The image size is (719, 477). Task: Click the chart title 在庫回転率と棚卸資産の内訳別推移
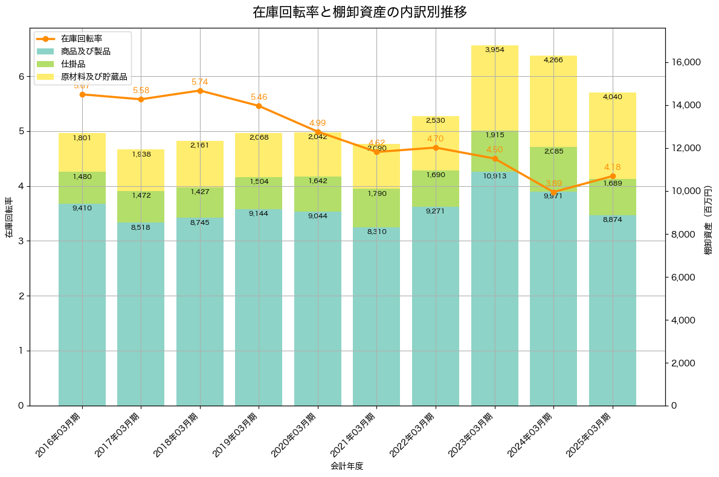coord(359,12)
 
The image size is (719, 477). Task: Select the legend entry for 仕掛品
coord(73,64)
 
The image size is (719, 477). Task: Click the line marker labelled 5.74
coord(200,91)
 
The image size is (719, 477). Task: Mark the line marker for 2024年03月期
coord(553,192)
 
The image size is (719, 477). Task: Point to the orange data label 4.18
coord(612,167)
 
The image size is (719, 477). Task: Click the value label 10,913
coord(494,176)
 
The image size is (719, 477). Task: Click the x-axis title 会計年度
coord(347,466)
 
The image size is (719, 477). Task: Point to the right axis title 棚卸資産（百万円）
coord(709,217)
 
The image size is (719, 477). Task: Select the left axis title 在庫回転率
coord(8,217)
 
